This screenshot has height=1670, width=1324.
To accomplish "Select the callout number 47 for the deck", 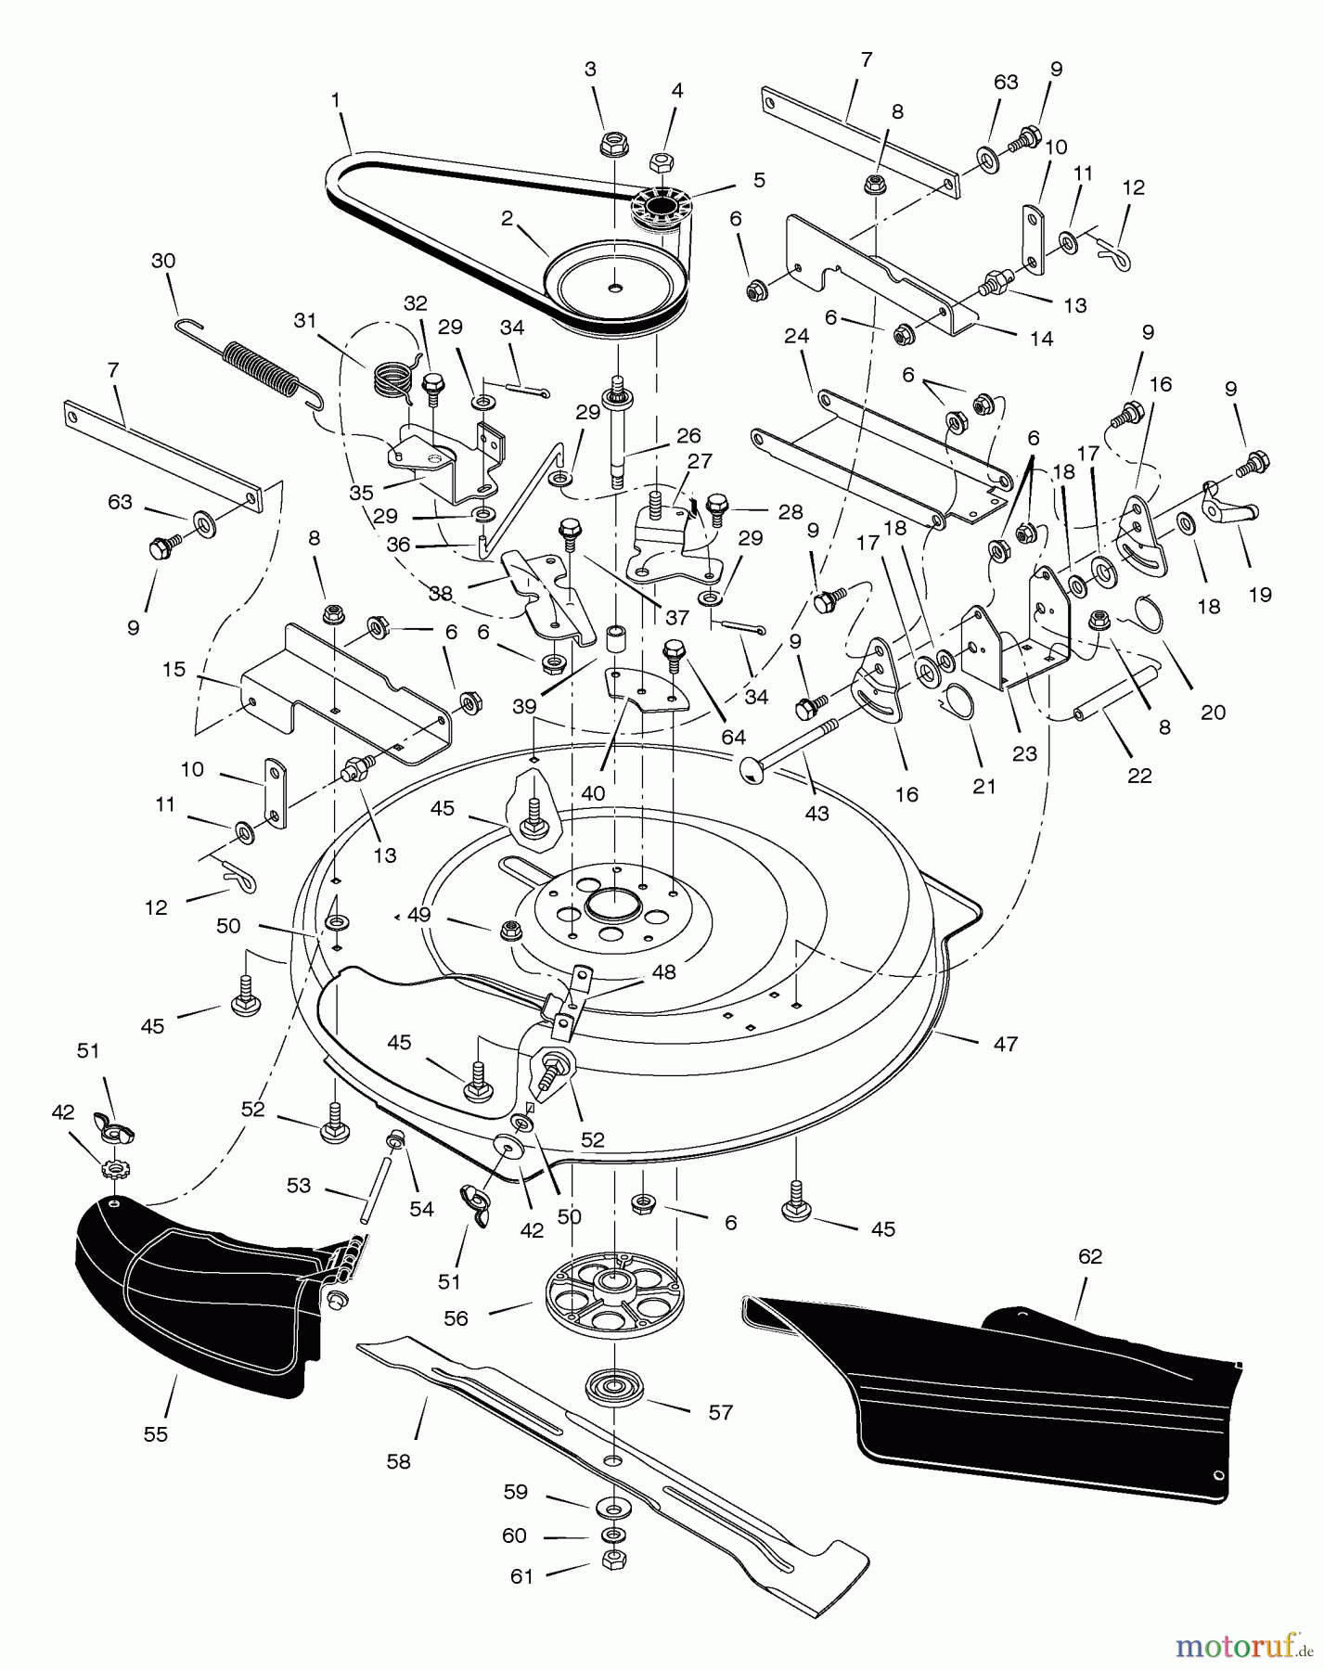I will (x=1005, y=1044).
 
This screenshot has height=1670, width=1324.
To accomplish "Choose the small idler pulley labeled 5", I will (x=658, y=209).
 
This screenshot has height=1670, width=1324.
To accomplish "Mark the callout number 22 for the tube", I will (x=1138, y=776).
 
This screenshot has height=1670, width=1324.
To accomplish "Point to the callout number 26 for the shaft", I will (x=688, y=435).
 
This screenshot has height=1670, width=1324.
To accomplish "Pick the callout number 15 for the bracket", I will (x=174, y=669).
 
